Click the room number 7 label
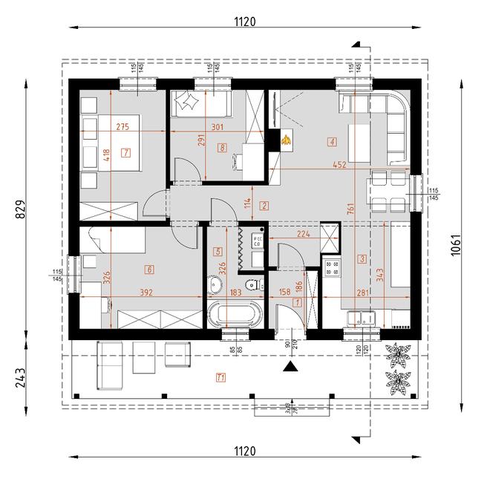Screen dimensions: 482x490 [x=127, y=153]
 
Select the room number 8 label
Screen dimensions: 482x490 [x=222, y=148]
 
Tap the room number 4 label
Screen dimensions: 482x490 [x=332, y=141]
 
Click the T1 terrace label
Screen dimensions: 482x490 [x=220, y=377]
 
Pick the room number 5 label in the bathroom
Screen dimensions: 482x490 [x=218, y=252]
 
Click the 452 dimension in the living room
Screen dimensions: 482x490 [x=340, y=166]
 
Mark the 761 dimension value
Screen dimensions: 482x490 [x=349, y=209]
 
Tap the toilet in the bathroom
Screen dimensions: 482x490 [x=252, y=284]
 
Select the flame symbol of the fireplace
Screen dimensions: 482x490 [x=286, y=138]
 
